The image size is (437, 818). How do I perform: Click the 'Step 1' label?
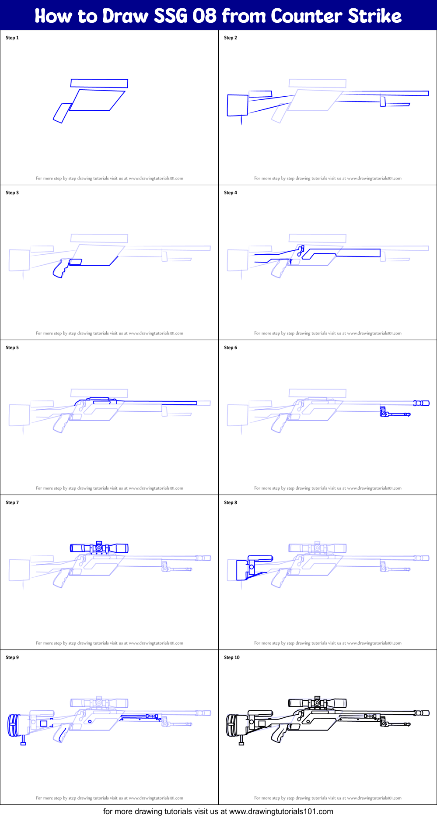click(x=12, y=38)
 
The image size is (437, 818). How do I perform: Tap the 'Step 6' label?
click(x=231, y=348)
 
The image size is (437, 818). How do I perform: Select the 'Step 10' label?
click(x=232, y=657)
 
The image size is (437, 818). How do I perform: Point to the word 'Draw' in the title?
click(x=126, y=16)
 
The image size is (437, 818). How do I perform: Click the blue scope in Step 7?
click(x=99, y=548)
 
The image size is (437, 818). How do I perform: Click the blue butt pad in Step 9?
click(x=14, y=725)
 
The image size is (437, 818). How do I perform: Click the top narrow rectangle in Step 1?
click(x=99, y=83)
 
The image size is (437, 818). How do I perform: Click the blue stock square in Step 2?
click(x=237, y=105)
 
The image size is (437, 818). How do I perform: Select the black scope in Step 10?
click(x=317, y=703)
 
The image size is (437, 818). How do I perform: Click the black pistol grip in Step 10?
click(x=278, y=734)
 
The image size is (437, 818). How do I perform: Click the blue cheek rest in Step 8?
click(x=260, y=558)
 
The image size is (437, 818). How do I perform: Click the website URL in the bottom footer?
click(x=281, y=811)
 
